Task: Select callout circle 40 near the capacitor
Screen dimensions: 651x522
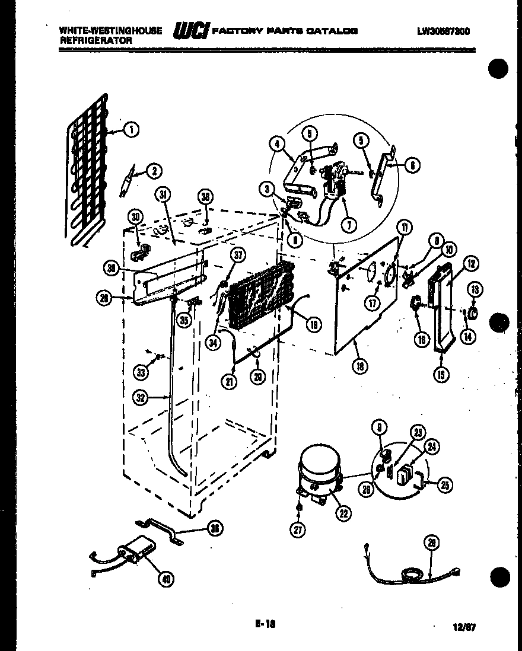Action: tap(167, 579)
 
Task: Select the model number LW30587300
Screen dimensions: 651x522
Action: tap(443, 31)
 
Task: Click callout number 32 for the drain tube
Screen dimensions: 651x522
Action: tap(141, 398)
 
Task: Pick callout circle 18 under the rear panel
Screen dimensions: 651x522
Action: tap(359, 366)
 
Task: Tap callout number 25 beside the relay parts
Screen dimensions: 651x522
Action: tap(444, 484)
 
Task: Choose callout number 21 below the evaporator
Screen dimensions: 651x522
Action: tap(230, 381)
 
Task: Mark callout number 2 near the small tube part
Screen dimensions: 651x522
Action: tap(154, 171)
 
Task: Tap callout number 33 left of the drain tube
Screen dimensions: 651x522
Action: tap(141, 372)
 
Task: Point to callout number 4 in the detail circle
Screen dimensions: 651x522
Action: tap(276, 143)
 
